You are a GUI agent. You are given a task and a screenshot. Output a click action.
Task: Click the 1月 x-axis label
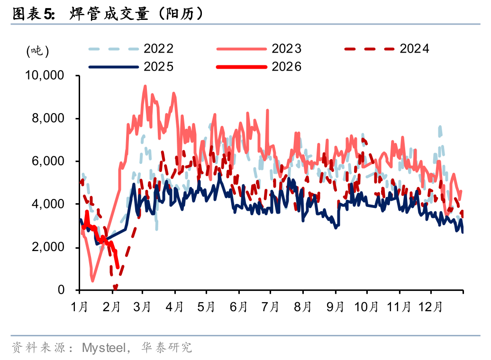(80, 307)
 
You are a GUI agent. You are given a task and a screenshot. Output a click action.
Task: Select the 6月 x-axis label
(238, 307)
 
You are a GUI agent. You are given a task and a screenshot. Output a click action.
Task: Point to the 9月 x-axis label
(335, 307)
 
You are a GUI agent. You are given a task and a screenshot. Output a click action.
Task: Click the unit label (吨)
(37, 51)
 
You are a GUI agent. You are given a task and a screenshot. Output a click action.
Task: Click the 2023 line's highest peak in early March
(145, 86)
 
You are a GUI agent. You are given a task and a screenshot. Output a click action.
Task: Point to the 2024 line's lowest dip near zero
(115, 288)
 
